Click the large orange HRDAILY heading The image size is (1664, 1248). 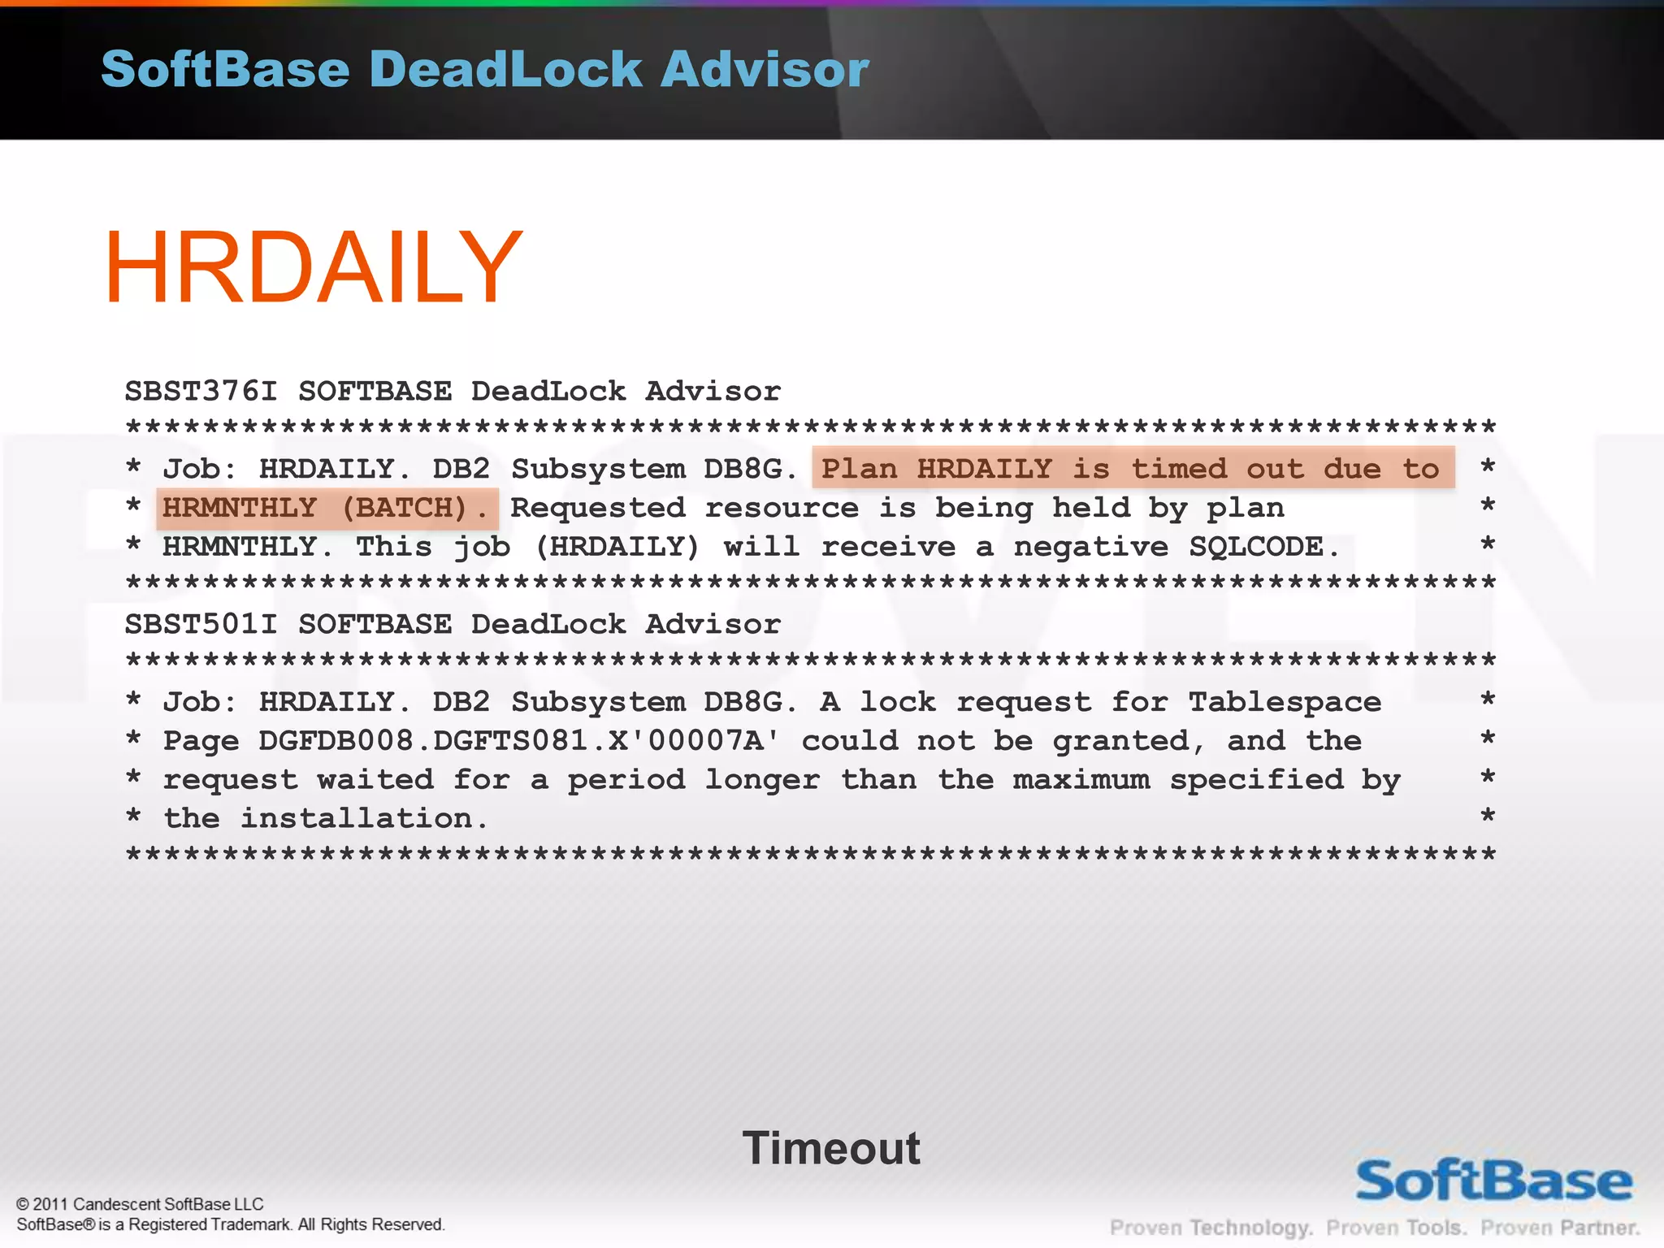[313, 268]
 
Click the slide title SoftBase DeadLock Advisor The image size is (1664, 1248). [484, 69]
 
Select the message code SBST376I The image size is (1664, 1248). [201, 392]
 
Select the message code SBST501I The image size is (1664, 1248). [201, 625]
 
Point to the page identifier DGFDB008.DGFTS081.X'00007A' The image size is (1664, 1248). [518, 741]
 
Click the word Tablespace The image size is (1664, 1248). [1284, 702]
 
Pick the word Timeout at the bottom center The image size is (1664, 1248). [830, 1148]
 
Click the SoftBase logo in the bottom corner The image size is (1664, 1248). [1493, 1181]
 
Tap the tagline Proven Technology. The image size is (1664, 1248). [1211, 1228]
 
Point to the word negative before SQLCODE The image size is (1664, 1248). [1091, 547]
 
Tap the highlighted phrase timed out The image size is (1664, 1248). [1217, 469]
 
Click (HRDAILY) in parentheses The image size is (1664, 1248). [617, 547]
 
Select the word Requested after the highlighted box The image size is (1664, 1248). [597, 509]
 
